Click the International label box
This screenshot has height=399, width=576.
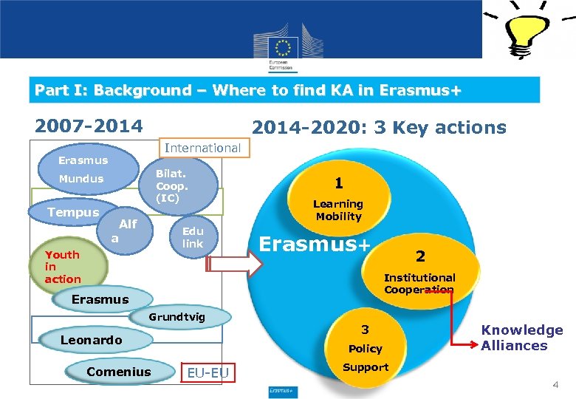point(202,148)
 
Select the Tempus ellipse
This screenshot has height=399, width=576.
point(73,212)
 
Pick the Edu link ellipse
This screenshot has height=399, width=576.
point(193,237)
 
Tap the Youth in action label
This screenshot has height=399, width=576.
point(63,267)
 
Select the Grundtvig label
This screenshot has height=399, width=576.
point(176,317)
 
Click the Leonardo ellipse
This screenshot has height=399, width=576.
point(92,340)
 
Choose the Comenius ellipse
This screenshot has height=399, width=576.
point(118,372)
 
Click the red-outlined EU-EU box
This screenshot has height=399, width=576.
point(208,372)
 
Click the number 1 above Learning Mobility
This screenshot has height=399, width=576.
point(338,183)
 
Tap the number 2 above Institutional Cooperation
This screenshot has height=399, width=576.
point(420,256)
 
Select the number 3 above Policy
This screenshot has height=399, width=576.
point(365,330)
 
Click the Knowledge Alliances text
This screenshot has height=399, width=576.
point(522,338)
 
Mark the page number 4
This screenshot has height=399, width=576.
point(556,385)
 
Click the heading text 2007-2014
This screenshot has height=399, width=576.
point(89,126)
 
